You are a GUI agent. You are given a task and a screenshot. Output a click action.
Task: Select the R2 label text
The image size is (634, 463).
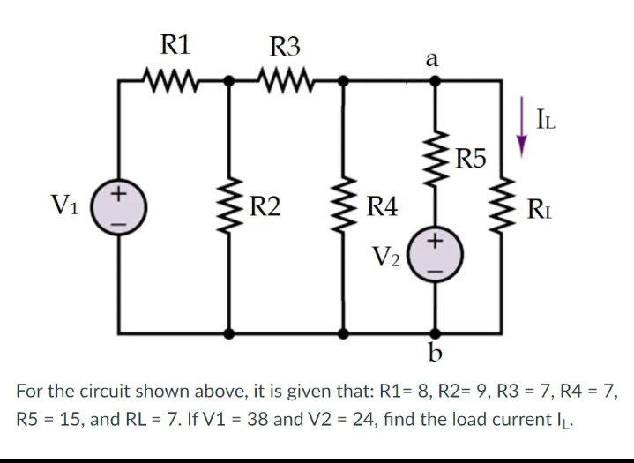point(265,209)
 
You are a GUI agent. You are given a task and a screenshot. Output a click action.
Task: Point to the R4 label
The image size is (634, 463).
point(383,209)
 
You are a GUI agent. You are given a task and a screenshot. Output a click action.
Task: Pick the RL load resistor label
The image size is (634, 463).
point(541,209)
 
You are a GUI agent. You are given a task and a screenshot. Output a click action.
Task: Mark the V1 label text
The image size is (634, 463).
point(71,209)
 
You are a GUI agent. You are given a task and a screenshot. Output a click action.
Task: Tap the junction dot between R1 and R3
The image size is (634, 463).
point(231,82)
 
